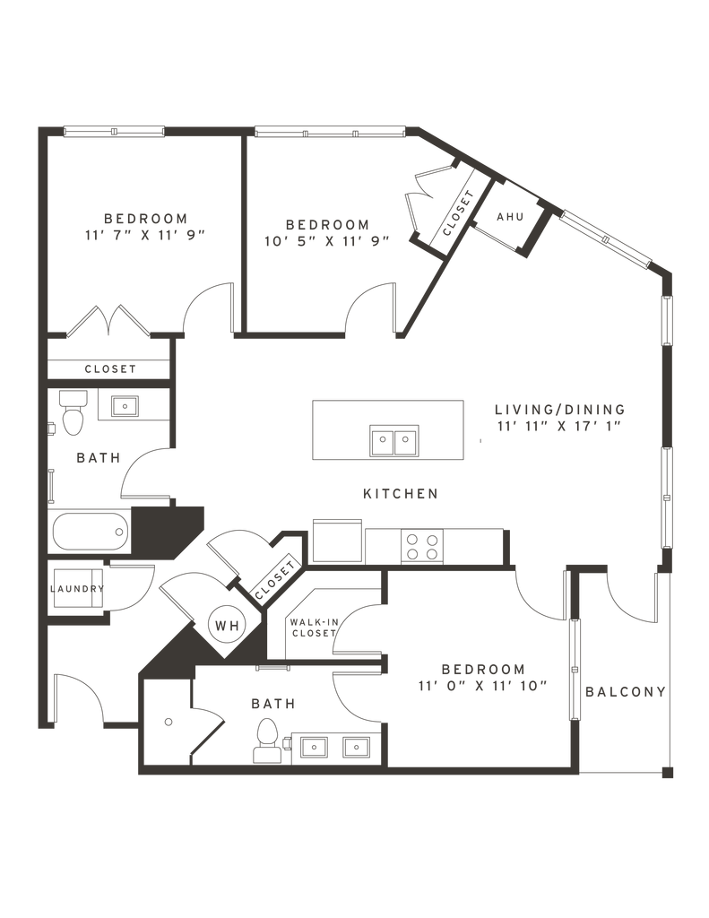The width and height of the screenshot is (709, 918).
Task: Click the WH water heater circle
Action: pos(227,625)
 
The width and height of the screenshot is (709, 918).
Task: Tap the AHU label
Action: pos(510,217)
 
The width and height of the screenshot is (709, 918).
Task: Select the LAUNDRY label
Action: pos(77,589)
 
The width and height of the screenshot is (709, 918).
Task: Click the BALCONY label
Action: pos(626,692)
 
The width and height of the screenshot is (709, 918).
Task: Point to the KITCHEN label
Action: pos(401,494)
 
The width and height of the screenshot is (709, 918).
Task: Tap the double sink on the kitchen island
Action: pos(394,440)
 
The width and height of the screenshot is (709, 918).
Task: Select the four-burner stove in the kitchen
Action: pos(422,546)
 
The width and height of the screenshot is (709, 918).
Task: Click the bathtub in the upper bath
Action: pos(91,532)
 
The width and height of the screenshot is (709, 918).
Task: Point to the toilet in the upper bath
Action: pos(73,412)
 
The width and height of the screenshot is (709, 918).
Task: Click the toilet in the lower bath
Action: pos(267,740)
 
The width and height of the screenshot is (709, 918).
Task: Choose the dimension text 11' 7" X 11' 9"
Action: pos(146,236)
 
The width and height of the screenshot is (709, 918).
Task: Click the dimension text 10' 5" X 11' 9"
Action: pos(327,241)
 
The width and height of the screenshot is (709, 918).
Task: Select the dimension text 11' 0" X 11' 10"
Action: pos(483,686)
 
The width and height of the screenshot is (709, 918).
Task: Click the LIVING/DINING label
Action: pos(560,409)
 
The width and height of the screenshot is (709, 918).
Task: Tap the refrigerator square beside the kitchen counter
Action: pos(339,541)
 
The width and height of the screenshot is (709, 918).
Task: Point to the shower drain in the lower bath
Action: pos(169,722)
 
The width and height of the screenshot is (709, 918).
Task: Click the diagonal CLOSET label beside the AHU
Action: pos(458,212)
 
